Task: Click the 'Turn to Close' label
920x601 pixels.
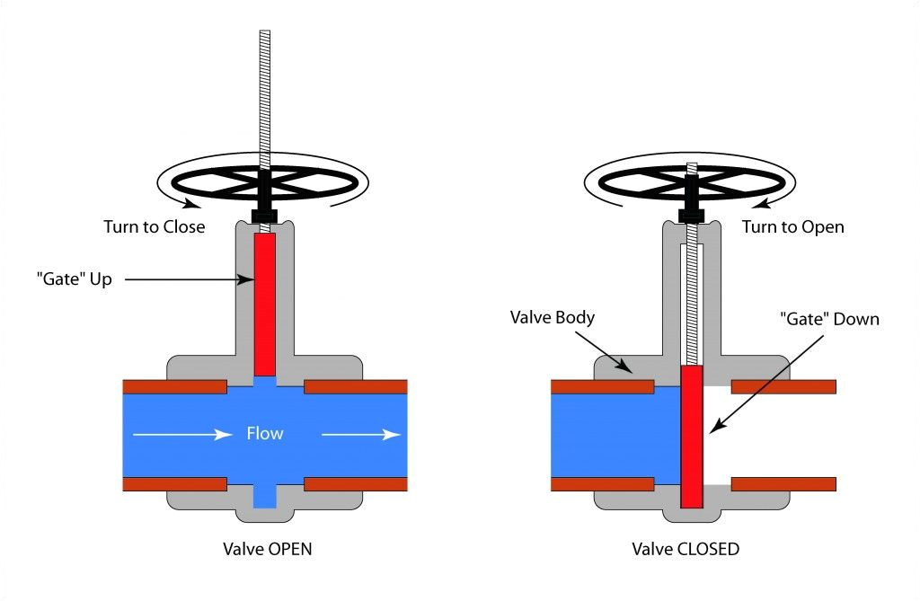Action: [x=155, y=226]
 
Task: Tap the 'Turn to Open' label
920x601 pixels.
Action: [x=792, y=226]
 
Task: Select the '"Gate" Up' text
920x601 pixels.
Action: [x=74, y=279]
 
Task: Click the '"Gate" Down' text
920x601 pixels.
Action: [x=828, y=319]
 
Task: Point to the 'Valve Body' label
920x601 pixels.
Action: [x=553, y=317]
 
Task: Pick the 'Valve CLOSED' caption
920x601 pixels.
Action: [x=685, y=548]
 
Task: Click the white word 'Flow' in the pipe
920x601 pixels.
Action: [x=265, y=434]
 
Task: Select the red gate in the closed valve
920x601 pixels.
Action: [x=692, y=437]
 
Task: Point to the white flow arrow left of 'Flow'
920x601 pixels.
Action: [x=183, y=435]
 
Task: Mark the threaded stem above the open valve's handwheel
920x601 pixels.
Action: [x=265, y=90]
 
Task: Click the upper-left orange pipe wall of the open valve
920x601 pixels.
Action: [x=174, y=386]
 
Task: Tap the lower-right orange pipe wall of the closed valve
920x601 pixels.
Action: [x=783, y=484]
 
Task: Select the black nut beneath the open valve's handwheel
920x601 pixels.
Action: [x=265, y=217]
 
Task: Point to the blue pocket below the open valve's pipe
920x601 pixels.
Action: [x=265, y=495]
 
